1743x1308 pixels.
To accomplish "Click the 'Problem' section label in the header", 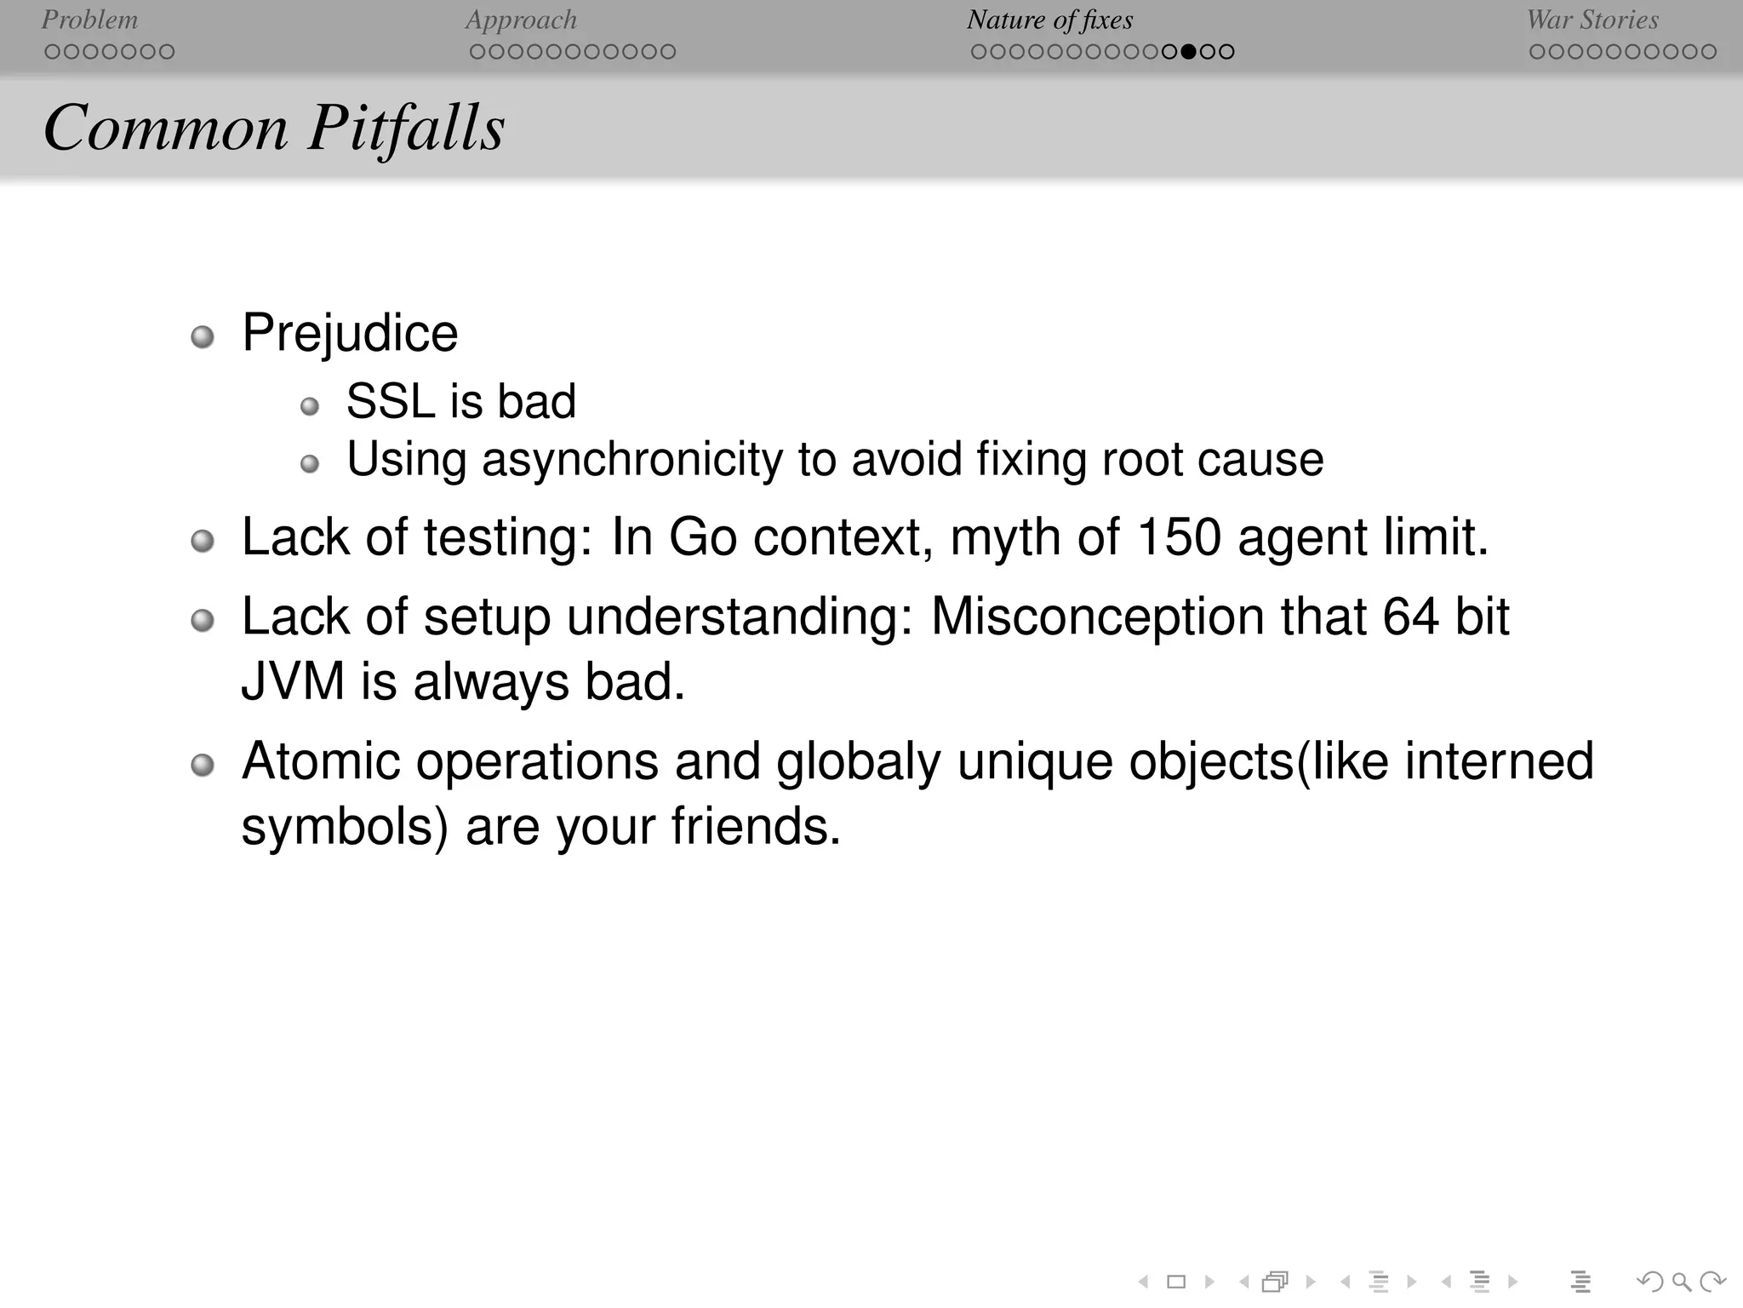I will (89, 20).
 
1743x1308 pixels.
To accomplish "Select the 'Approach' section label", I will (521, 20).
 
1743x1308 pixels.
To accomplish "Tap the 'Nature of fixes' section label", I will (1049, 20).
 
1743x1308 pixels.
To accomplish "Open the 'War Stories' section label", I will (1592, 20).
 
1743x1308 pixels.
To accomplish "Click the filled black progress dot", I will (1189, 52).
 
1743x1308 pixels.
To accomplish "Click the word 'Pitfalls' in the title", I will (406, 128).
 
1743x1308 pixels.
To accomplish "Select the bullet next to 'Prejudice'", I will (202, 337).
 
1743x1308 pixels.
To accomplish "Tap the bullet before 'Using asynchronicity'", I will (310, 464).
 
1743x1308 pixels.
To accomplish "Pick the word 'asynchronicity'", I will (631, 460).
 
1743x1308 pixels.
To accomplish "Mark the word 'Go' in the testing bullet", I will (702, 537).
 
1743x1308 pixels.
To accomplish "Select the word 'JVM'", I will (293, 682).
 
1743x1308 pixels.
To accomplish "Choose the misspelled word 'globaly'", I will (858, 761).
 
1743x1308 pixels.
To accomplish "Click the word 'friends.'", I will (755, 826).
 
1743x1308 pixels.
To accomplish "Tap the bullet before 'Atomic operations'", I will (202, 766).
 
